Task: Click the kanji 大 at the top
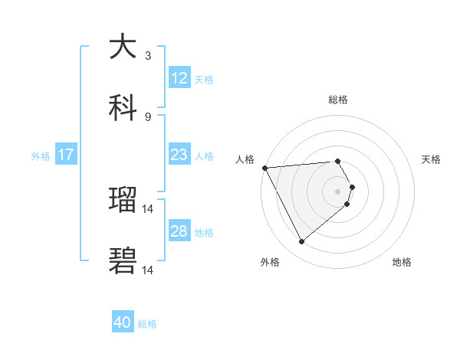(123, 47)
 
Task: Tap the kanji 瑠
(123, 200)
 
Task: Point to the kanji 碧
(123, 260)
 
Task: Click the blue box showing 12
(179, 78)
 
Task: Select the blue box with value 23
(179, 155)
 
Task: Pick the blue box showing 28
(179, 231)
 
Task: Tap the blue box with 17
(66, 155)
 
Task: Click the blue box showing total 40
(123, 323)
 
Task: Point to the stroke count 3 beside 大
(147, 56)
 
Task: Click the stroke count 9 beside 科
(147, 116)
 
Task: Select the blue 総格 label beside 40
(147, 324)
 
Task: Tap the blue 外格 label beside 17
(41, 155)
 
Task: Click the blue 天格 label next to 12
(204, 79)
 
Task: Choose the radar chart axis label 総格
(338, 100)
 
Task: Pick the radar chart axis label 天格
(432, 159)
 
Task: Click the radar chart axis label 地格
(402, 262)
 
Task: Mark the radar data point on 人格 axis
(264, 168)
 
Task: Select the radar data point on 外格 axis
(301, 242)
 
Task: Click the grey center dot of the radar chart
(338, 191)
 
